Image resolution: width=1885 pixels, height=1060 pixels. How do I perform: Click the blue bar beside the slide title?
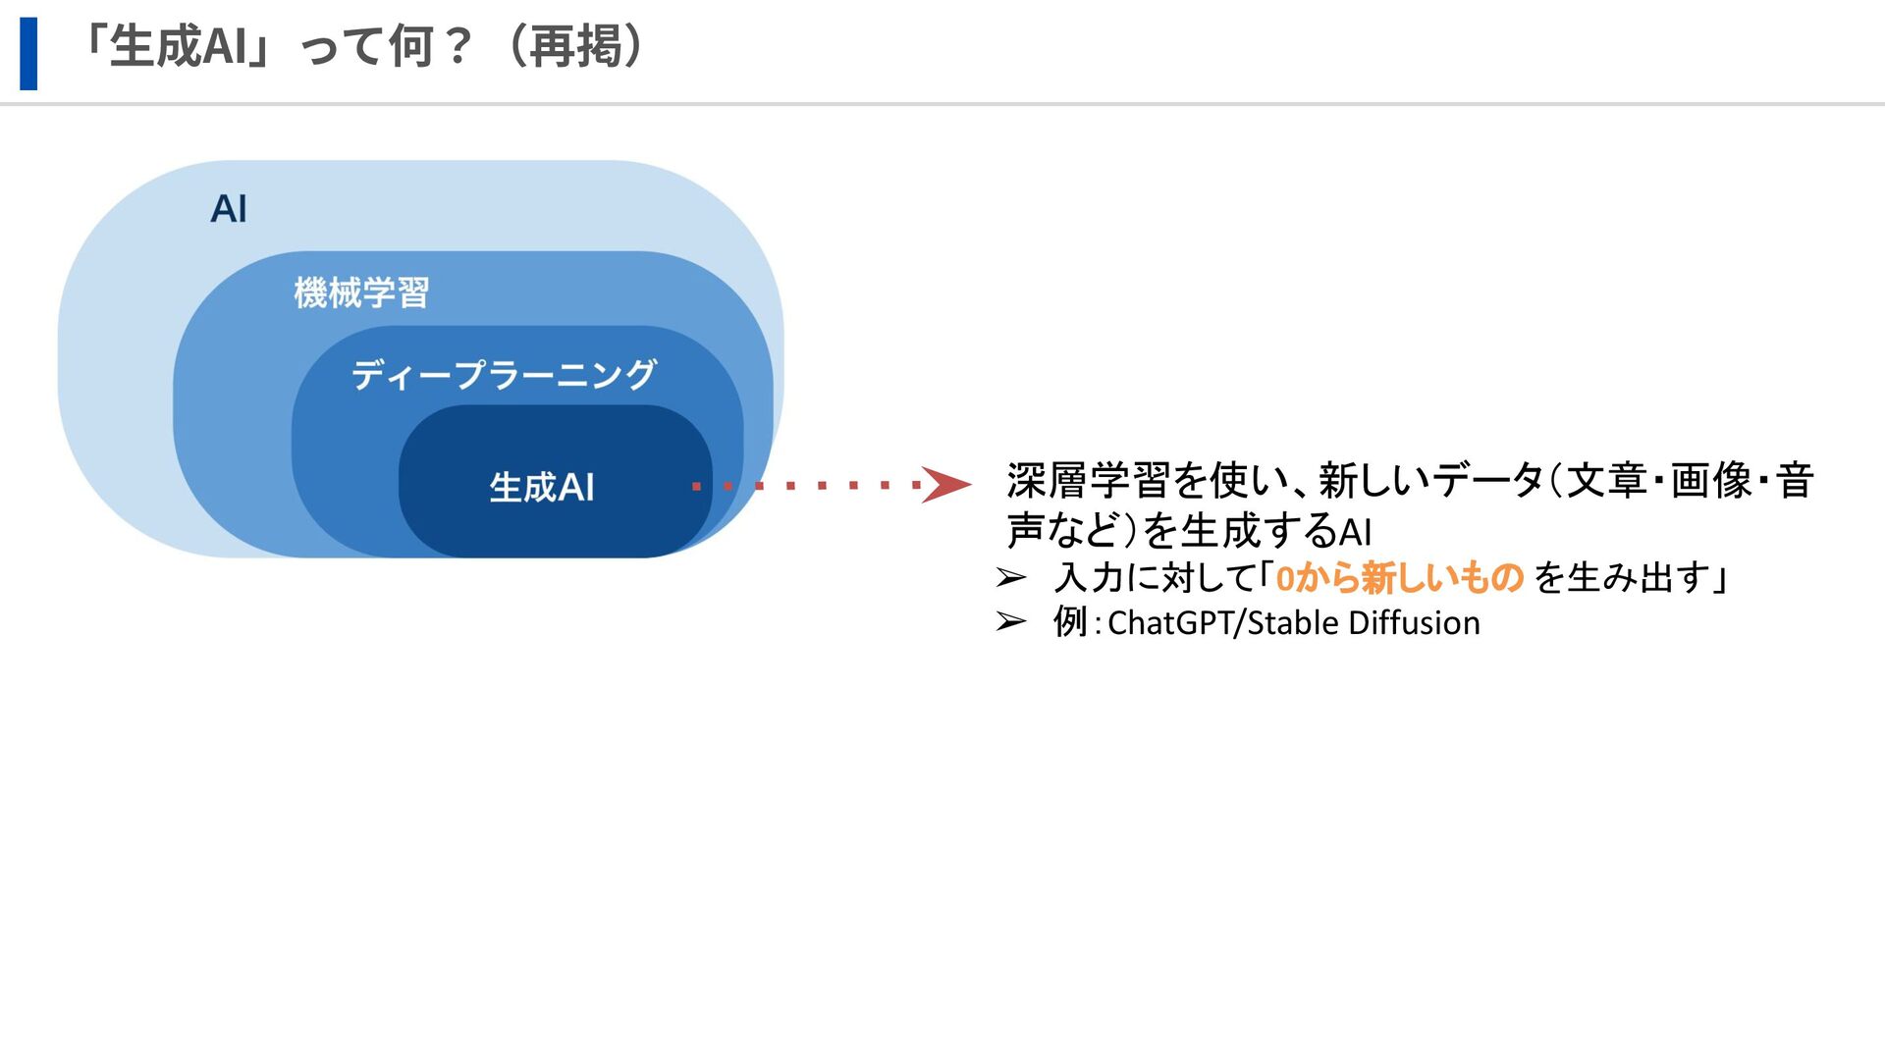(x=28, y=53)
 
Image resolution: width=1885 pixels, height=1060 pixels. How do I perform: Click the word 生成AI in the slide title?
(x=178, y=46)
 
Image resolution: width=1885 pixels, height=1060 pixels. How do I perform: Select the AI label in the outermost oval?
(x=229, y=209)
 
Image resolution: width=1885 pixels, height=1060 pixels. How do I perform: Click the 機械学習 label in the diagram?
(x=361, y=292)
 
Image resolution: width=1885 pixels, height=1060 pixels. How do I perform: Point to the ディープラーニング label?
(x=504, y=374)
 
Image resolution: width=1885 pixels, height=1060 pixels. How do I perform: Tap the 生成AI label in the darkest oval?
(x=542, y=487)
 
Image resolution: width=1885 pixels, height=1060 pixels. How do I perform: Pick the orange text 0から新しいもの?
(x=1399, y=577)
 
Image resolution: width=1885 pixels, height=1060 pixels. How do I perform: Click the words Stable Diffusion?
(x=1364, y=623)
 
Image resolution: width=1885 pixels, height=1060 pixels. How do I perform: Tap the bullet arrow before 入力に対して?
(x=1011, y=577)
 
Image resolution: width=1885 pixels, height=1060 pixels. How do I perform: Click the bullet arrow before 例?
(x=1011, y=621)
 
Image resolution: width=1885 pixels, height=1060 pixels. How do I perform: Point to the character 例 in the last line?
(x=1070, y=621)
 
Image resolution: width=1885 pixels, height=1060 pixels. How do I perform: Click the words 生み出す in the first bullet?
(x=1638, y=577)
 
